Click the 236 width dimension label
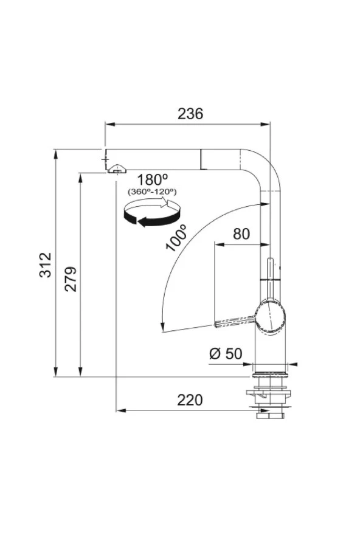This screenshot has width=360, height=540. pyautogui.click(x=190, y=114)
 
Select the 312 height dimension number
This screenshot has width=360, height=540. pyautogui.click(x=46, y=265)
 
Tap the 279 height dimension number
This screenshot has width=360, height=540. pyautogui.click(x=71, y=279)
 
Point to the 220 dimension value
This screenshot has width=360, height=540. pyautogui.click(x=190, y=400)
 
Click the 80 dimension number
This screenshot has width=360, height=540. pyautogui.click(x=241, y=234)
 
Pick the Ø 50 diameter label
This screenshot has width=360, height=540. pyautogui.click(x=226, y=354)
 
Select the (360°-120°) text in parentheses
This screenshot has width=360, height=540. pyautogui.click(x=152, y=191)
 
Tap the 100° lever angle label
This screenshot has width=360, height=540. pyautogui.click(x=176, y=238)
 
